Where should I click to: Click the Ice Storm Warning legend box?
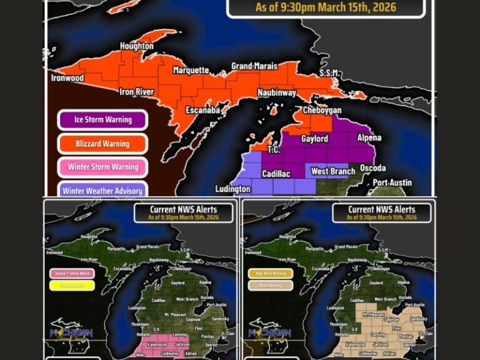coord(102,119)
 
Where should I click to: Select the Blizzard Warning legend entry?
coord(102,143)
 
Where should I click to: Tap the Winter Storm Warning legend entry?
coord(102,167)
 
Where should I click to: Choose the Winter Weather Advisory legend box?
coord(102,190)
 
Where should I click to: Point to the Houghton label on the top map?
coord(137,46)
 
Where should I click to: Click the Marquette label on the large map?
coord(191,70)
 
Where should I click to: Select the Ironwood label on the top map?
coord(67,78)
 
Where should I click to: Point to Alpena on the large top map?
coord(369,137)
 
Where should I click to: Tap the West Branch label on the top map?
coord(329,171)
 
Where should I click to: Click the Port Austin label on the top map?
coord(392,182)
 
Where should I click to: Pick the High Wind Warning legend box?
coord(271,273)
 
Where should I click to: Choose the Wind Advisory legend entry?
coord(271,286)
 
